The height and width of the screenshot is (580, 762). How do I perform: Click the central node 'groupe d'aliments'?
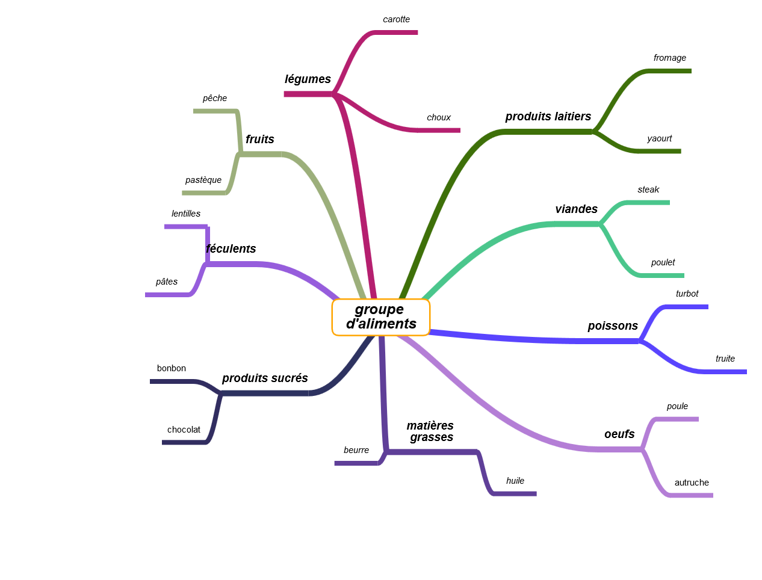pos(380,316)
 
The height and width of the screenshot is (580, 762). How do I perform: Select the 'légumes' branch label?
pos(307,79)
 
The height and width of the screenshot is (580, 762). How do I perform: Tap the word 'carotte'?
pos(396,19)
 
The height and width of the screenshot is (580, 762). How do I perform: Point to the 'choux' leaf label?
pos(438,117)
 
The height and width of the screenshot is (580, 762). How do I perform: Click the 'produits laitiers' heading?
pos(548,117)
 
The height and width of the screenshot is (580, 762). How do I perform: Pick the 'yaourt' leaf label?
pos(659,139)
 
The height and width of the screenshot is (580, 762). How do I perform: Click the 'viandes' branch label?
pos(576,209)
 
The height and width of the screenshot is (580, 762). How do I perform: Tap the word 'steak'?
pos(648,190)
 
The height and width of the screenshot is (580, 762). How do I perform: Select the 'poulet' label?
pos(662,262)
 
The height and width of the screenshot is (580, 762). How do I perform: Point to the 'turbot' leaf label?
pos(686,294)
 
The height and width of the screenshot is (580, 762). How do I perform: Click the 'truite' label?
pos(725,359)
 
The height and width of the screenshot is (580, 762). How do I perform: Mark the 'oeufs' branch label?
pos(619,434)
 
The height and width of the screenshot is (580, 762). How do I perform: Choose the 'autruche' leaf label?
pos(691,483)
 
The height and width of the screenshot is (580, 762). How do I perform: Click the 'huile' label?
pos(515,481)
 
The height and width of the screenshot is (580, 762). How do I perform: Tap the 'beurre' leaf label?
pos(356,450)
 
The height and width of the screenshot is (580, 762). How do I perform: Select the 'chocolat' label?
pos(184,430)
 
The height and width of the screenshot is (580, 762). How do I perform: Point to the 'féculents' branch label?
pos(231,248)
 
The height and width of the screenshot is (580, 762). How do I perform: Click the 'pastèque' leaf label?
pos(203,180)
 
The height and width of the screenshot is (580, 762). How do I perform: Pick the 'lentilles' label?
pos(185,214)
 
